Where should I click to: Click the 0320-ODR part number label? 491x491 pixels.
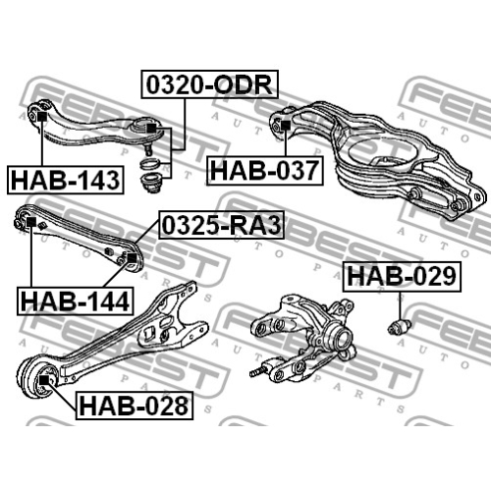209,84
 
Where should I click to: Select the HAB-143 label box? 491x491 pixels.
66,180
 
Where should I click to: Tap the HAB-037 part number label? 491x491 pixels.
265,171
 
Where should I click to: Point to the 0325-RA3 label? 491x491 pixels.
222,225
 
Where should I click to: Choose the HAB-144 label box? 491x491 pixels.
76,301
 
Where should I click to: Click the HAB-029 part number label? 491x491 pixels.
402,277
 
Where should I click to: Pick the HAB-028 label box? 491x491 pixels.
135,406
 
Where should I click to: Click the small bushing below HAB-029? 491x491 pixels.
400,327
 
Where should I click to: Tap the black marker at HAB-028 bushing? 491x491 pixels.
43,380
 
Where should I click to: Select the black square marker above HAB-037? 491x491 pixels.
286,125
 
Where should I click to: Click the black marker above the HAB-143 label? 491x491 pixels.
42,117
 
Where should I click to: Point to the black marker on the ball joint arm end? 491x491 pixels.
150,129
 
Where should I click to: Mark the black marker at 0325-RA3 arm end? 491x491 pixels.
132,257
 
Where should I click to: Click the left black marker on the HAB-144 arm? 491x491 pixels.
31,222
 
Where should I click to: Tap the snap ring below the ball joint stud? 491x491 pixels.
150,163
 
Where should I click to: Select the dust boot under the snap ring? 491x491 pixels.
150,184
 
